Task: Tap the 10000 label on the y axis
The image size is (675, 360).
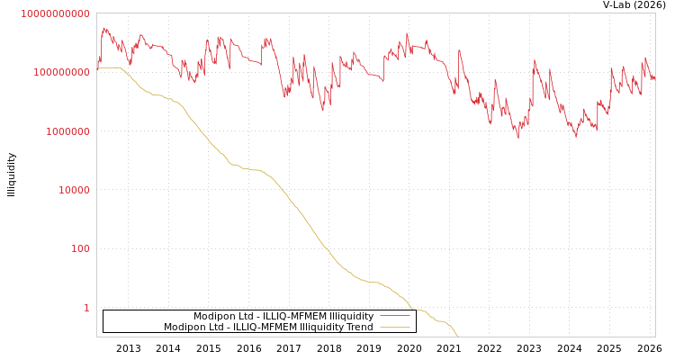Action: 73,191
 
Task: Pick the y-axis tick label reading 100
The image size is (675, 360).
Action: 79,249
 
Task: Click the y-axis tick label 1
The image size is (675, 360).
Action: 86,308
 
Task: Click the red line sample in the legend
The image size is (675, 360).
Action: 394,317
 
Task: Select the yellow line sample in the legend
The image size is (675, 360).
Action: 394,328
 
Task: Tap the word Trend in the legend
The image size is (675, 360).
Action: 358,328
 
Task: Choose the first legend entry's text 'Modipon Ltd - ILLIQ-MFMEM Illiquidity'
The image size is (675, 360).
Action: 283,317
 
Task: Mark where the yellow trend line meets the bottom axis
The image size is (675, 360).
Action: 458,336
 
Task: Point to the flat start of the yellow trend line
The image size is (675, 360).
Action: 109,67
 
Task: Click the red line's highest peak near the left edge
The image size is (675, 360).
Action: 105,29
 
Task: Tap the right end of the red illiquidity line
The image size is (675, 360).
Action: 654,78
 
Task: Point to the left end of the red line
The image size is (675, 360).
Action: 97,65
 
